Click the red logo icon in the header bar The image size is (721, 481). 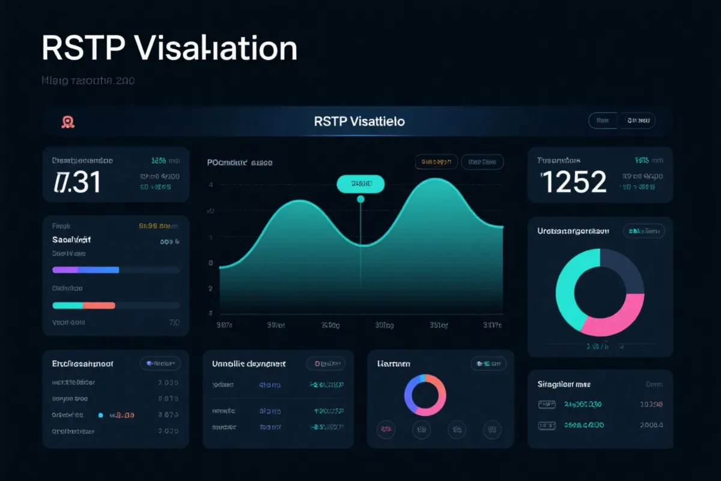pos(68,122)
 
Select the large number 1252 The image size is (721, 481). pos(574,182)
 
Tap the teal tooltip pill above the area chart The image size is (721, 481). pos(360,184)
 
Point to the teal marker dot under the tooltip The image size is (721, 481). pos(360,199)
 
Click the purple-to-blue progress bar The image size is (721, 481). pos(86,270)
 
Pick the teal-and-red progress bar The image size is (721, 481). pos(84,305)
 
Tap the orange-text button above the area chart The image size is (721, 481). pos(436,162)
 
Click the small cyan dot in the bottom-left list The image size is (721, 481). pos(100,415)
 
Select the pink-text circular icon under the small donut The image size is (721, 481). pos(385,429)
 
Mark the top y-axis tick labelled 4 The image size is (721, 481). pos(210,185)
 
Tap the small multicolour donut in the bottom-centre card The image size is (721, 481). pos(425,395)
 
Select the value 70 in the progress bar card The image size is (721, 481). pos(174,323)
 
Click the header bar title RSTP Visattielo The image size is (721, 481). pos(359,121)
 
